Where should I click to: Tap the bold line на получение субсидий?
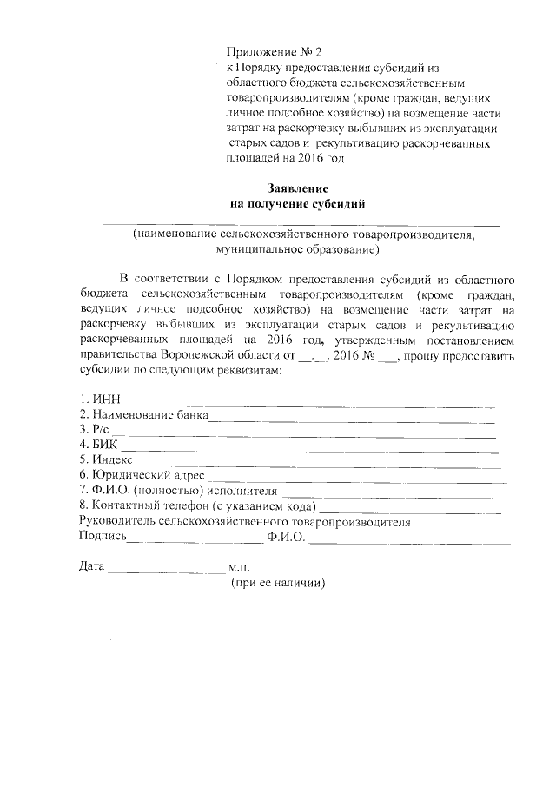point(298,204)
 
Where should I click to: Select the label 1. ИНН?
point(100,400)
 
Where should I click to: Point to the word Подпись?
point(103,537)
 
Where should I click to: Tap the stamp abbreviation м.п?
point(241,567)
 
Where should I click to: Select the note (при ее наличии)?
point(277,583)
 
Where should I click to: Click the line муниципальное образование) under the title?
point(298,250)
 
